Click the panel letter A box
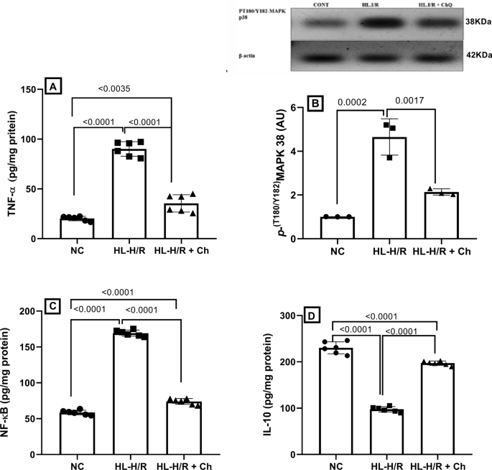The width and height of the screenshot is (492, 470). (x=51, y=87)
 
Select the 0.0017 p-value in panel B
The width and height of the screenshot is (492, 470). (x=414, y=103)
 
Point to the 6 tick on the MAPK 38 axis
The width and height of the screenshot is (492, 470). (x=292, y=107)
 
